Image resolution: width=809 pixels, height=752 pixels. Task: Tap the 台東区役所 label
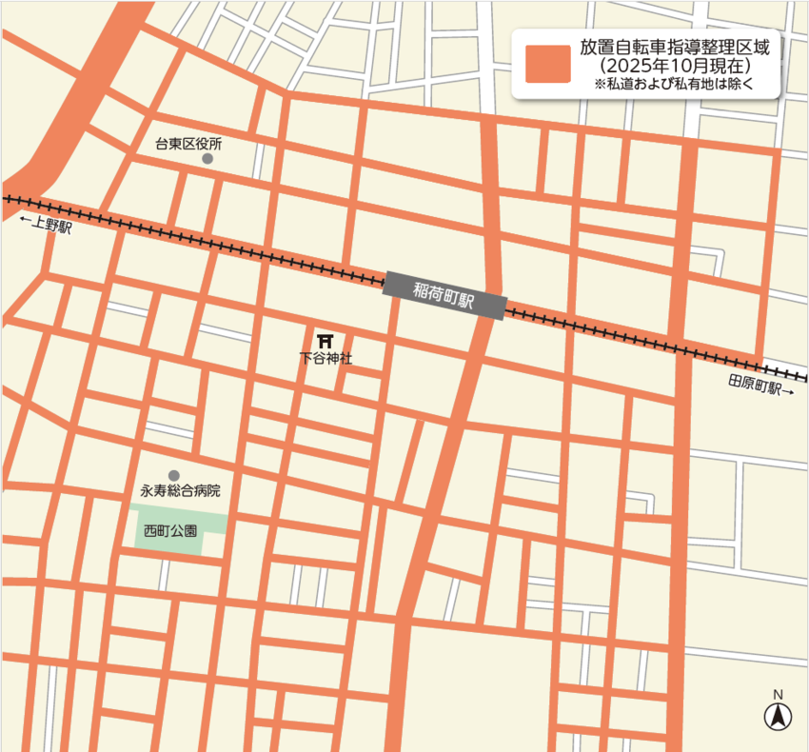click(188, 145)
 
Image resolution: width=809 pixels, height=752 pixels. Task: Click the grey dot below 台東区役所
click(207, 160)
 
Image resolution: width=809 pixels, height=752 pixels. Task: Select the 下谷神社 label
click(325, 359)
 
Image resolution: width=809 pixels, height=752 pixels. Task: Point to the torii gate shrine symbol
click(325, 340)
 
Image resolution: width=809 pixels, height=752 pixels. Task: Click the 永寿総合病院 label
click(180, 491)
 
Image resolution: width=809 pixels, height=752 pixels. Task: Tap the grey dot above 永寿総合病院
click(173, 475)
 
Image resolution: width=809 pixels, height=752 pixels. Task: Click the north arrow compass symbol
click(778, 716)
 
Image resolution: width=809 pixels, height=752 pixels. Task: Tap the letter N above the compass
click(778, 694)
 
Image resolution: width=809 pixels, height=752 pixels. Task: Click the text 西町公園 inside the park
click(170, 531)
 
